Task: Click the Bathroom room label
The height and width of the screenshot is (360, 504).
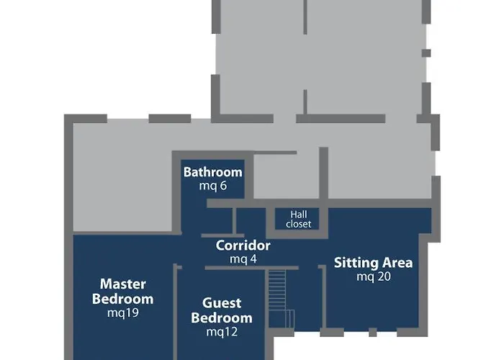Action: (x=213, y=172)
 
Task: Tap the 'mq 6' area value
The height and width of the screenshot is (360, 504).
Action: (x=213, y=186)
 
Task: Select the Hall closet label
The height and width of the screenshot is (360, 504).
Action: (x=298, y=219)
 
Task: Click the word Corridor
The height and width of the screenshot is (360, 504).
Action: (x=243, y=246)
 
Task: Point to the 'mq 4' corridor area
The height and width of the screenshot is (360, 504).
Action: (x=243, y=258)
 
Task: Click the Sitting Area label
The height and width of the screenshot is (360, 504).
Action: (x=373, y=264)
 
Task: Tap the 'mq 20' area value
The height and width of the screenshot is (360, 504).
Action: (x=374, y=276)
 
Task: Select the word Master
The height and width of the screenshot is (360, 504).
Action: (x=123, y=284)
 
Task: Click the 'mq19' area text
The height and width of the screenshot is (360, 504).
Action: (x=123, y=312)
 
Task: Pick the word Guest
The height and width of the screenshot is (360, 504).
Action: (x=222, y=303)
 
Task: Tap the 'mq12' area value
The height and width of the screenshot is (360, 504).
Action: (x=222, y=332)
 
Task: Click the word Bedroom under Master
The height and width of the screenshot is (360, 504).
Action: (x=123, y=299)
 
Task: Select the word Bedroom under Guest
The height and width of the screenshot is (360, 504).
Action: (x=222, y=318)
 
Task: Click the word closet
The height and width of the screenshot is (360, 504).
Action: (x=298, y=224)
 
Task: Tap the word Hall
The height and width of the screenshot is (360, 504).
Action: (x=299, y=215)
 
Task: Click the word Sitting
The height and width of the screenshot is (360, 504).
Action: (x=356, y=264)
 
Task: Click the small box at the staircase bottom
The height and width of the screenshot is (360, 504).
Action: (x=290, y=318)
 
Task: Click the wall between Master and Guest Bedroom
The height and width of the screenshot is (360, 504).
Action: (x=175, y=312)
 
